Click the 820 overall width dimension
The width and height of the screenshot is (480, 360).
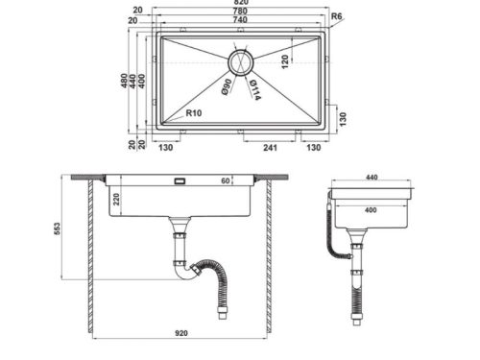point(240,5)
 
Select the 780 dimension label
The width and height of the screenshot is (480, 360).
point(240,13)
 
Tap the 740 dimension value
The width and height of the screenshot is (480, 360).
point(240,22)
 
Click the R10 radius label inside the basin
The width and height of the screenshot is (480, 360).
point(193,112)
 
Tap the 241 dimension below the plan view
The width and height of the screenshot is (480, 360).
point(272,148)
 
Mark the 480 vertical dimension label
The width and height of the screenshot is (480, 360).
point(122,81)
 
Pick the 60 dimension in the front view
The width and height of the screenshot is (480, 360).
point(227,180)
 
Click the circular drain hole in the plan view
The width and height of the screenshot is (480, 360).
point(240,63)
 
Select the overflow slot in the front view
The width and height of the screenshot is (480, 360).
point(179,180)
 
